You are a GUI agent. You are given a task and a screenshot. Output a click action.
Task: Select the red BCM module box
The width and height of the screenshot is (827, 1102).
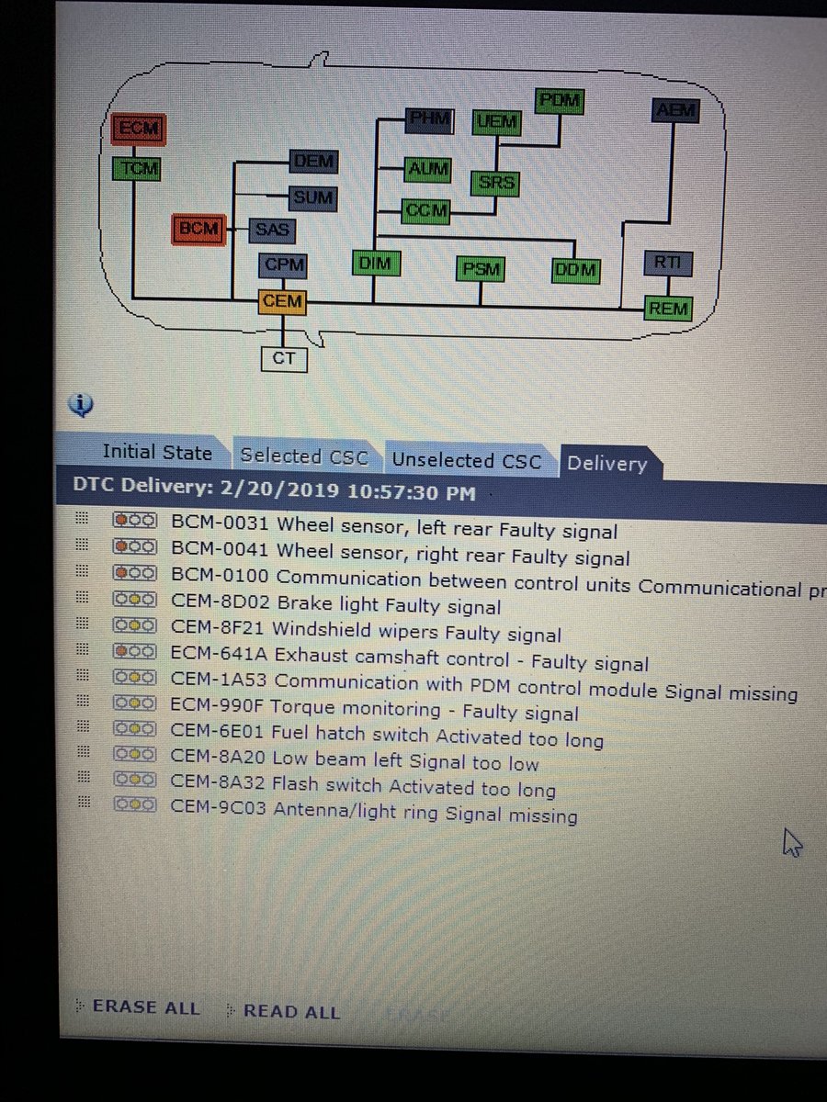coord(198,229)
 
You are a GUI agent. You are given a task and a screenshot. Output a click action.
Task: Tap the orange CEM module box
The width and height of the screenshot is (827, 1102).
coord(281,301)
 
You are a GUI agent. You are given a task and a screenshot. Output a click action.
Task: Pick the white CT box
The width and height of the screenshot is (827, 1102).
coord(283,358)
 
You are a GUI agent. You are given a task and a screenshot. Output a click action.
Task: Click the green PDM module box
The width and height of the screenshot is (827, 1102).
coord(560,101)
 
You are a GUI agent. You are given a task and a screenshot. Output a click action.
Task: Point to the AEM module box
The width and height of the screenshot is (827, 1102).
coord(676,111)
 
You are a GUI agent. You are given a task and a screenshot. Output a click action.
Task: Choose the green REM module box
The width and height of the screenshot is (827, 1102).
coord(668,309)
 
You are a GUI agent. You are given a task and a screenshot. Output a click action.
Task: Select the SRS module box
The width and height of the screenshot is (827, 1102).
coord(496,183)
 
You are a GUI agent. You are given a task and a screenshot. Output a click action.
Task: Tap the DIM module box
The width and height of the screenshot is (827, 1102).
coord(375,264)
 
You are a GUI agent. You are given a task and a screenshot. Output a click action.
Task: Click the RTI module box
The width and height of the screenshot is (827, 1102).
coord(668,264)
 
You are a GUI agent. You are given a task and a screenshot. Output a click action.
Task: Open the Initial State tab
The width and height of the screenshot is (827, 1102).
coord(156,453)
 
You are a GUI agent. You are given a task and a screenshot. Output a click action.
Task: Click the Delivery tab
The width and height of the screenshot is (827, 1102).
coord(606,464)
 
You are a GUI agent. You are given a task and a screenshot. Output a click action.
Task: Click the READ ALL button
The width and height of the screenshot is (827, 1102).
coord(291,1012)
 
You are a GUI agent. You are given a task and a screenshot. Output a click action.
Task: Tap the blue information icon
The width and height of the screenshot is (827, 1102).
coord(82,404)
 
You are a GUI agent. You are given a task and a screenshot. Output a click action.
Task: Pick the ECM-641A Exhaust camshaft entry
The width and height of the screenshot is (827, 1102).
coord(409,661)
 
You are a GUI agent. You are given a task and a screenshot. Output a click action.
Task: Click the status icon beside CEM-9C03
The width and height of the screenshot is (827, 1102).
coord(134,804)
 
